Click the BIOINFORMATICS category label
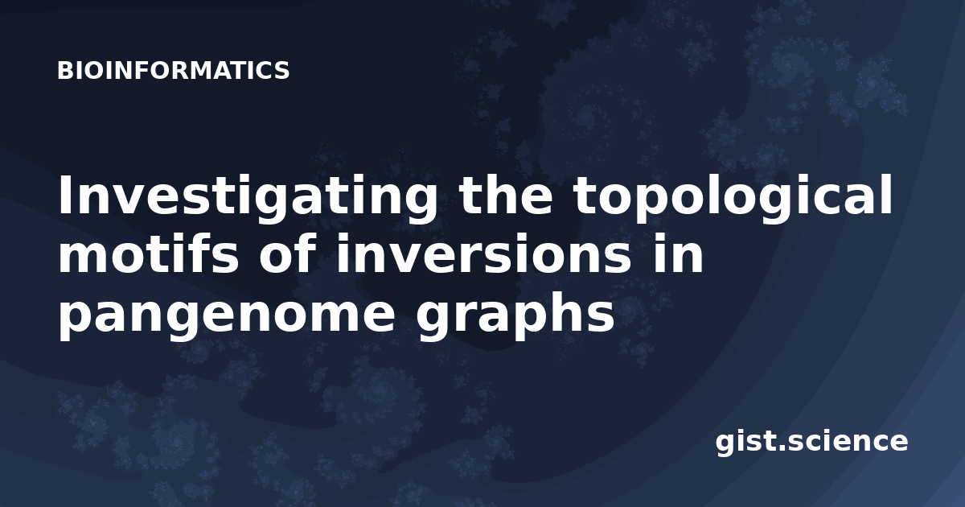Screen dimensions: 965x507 tap(173, 71)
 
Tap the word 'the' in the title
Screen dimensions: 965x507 tap(505, 195)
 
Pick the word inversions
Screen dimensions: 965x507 tap(483, 253)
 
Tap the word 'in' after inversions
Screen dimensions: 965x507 tap(678, 253)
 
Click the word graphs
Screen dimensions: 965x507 tap(515, 312)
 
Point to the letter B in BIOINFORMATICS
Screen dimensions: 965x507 tap(64, 71)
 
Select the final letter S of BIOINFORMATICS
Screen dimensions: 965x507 tap(282, 71)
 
